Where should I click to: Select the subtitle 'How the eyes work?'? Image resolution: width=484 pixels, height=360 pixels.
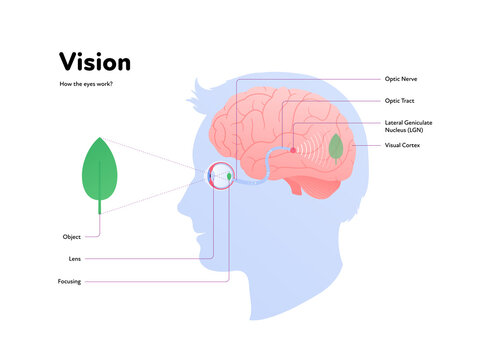pos(87,85)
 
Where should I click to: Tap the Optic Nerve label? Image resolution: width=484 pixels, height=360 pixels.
pos(401,78)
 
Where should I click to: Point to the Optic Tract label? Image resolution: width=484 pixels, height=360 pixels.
pos(401,101)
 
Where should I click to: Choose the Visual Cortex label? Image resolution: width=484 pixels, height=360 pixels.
pos(403,146)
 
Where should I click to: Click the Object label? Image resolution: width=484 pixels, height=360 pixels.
pos(70,237)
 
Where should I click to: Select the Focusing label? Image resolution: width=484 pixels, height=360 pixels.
pos(70,282)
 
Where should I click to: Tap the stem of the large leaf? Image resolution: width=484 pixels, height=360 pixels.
pos(99,207)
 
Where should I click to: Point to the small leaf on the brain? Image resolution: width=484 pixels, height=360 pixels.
pos(336,148)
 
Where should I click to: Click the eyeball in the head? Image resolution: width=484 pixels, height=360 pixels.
pos(220,177)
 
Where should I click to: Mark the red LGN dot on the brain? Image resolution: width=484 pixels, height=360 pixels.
pos(293,150)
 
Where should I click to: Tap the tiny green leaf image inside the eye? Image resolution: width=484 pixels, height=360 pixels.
pos(231,177)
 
